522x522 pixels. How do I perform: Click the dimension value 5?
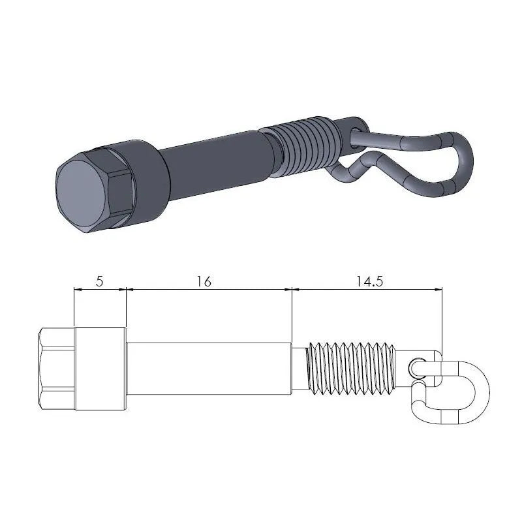pos(99,281)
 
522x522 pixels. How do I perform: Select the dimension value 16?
pos(203,281)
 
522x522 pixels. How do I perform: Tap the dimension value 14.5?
pos(369,281)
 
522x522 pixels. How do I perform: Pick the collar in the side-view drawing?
pos(100,369)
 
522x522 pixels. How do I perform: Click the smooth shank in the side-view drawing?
pos(209,369)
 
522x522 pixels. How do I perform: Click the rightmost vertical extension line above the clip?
pos(442,320)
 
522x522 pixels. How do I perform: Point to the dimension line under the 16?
pos(209,288)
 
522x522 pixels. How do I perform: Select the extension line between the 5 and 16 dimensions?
pos(125,307)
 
